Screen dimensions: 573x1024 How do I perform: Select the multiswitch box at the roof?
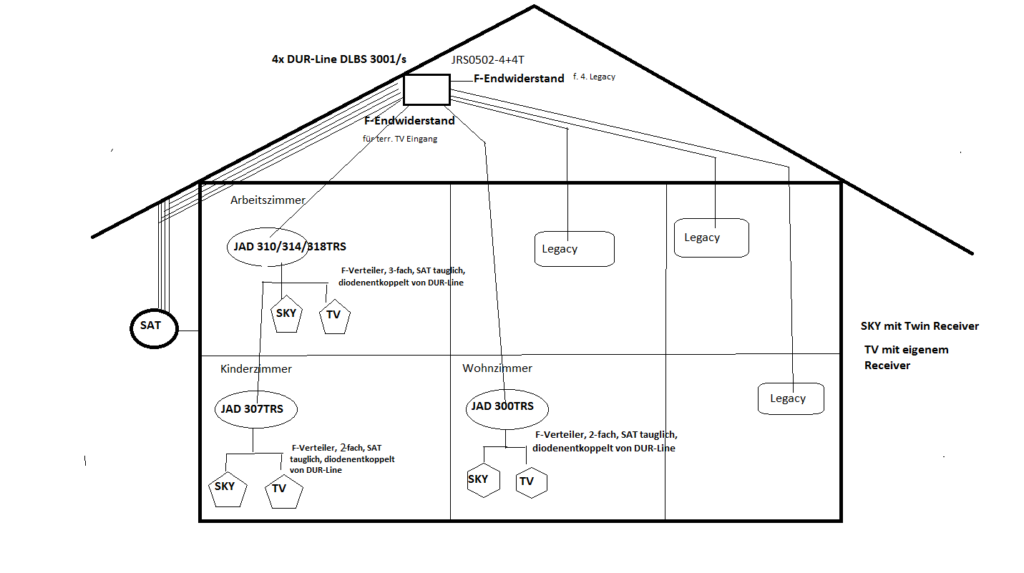click(x=426, y=90)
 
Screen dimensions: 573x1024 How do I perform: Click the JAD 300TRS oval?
click(x=507, y=407)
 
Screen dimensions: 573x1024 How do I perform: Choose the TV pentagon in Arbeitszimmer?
click(x=334, y=316)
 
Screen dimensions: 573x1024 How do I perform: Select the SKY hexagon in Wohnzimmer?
click(x=478, y=480)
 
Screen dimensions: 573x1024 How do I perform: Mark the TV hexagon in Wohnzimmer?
click(x=530, y=482)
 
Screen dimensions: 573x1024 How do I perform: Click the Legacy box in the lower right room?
click(x=790, y=398)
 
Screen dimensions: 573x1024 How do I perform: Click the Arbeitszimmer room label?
click(x=268, y=200)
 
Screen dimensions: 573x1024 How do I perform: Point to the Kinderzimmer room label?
click(x=256, y=369)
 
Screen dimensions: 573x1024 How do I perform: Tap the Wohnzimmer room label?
click(x=497, y=368)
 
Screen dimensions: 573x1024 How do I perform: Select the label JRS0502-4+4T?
click(x=492, y=61)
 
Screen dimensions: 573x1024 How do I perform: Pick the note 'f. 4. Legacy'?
click(x=594, y=77)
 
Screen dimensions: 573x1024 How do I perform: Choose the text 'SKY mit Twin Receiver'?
click(x=920, y=326)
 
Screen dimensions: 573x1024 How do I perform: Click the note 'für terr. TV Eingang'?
click(x=400, y=139)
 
